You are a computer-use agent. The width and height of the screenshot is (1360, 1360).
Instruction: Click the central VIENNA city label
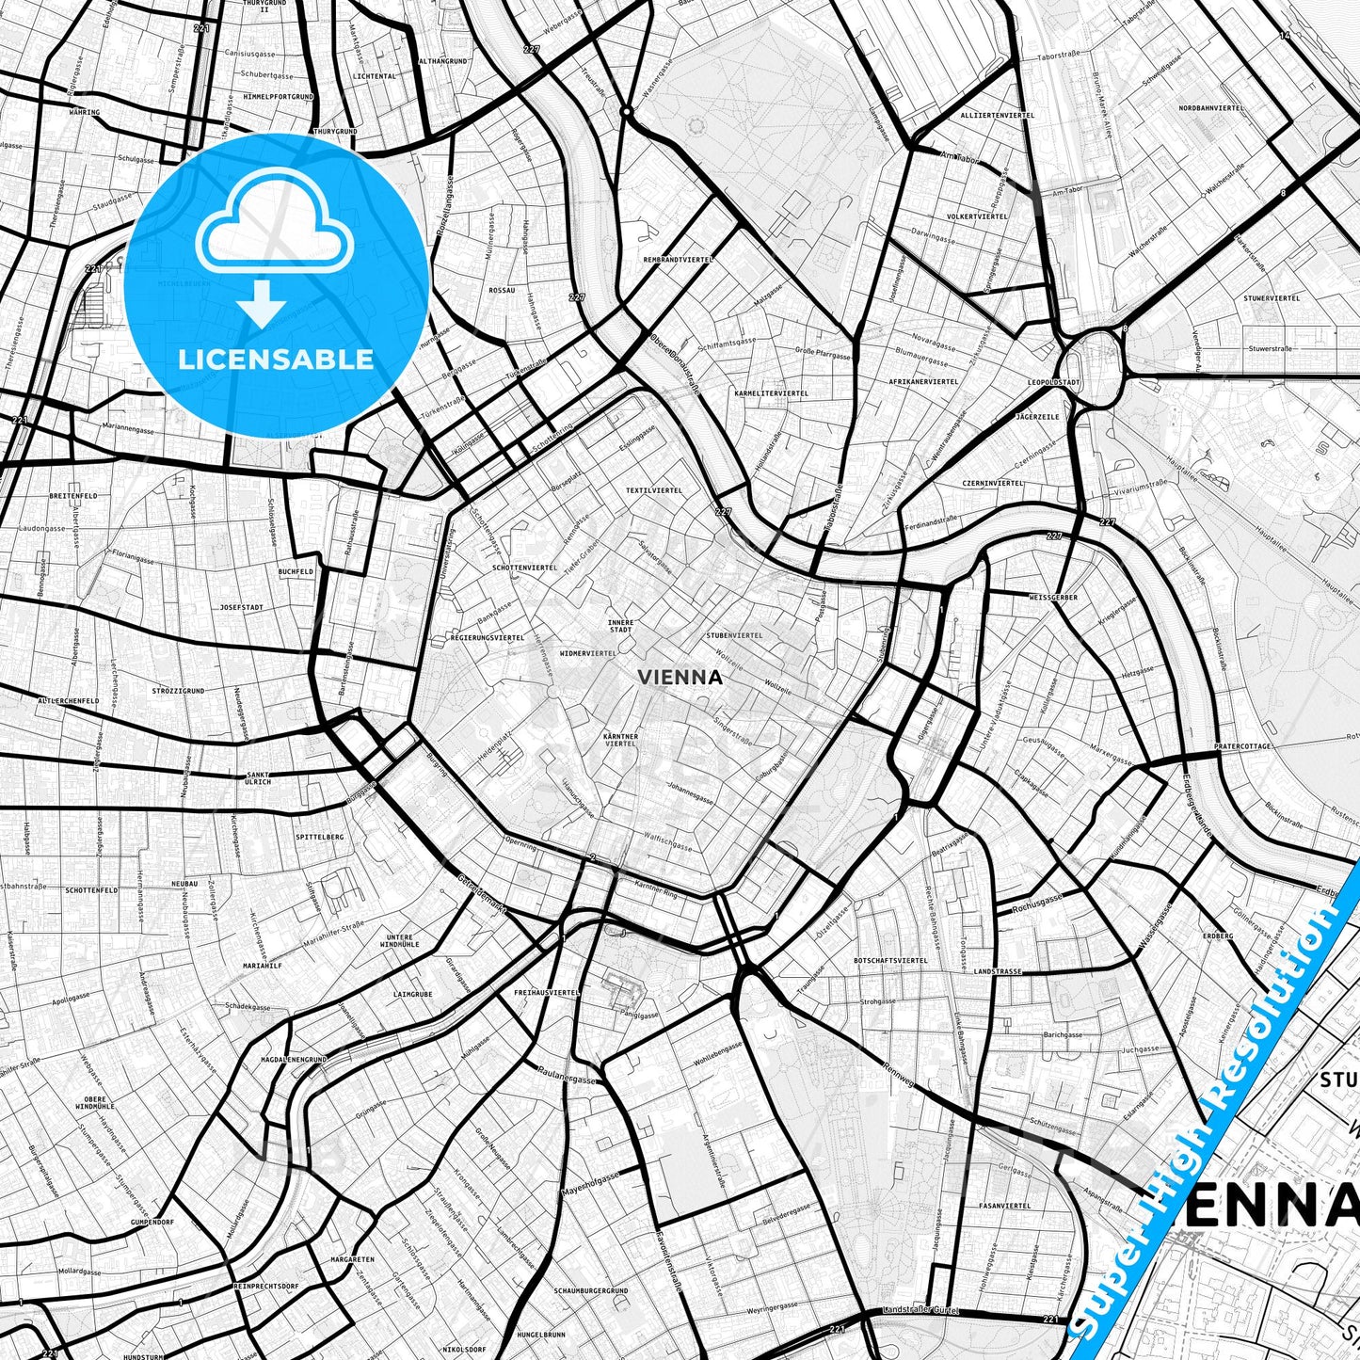point(680,677)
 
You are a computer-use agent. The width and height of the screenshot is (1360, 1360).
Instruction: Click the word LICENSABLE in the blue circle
point(276,359)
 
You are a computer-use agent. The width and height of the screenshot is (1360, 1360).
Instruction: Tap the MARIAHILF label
point(263,966)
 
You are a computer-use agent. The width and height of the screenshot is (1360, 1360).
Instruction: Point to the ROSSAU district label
point(502,291)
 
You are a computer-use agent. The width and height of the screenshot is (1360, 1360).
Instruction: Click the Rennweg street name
point(901,1073)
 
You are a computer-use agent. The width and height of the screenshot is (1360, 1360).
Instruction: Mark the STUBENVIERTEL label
point(734,635)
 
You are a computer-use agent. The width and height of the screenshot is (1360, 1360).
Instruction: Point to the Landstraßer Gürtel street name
point(920,1311)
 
